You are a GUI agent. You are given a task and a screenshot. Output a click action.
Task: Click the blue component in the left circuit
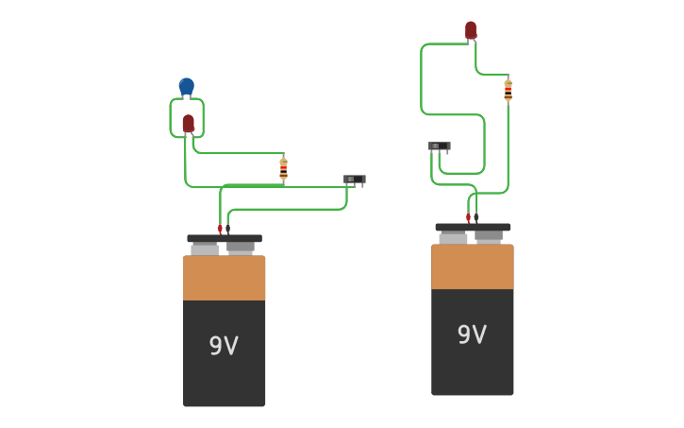[x=187, y=87]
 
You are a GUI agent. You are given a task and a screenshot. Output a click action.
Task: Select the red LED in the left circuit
[x=189, y=123]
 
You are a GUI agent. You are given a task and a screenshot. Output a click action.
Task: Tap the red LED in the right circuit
[x=471, y=30]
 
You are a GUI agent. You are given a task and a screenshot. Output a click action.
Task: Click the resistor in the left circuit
[x=283, y=168]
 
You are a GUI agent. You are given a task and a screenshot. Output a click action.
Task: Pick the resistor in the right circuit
[x=508, y=90]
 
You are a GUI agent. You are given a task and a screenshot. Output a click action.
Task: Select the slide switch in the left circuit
[x=355, y=179]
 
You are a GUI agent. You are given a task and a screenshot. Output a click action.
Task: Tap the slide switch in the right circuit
[x=440, y=146]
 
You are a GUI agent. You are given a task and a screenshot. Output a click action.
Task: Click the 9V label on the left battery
[x=224, y=346]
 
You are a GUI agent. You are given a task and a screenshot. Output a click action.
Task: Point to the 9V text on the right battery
[x=472, y=334]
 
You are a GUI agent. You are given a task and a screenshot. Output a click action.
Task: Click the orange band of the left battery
[x=224, y=278]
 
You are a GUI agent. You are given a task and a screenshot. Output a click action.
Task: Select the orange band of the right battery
[x=472, y=266]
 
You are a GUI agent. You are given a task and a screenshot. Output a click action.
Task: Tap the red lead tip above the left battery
[x=220, y=230]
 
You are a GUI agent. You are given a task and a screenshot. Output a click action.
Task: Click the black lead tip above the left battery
[x=227, y=230]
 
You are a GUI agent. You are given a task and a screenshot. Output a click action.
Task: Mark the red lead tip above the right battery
[x=468, y=218]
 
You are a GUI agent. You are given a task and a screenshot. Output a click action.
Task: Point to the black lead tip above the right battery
[x=476, y=218]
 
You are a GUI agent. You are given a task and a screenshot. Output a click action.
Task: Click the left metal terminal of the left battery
[x=205, y=249]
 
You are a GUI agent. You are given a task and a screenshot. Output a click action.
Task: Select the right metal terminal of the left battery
[x=241, y=248]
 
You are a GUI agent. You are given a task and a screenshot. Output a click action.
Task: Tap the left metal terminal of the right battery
[x=453, y=238]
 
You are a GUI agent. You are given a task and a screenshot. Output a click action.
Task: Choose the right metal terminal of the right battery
[x=489, y=237]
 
